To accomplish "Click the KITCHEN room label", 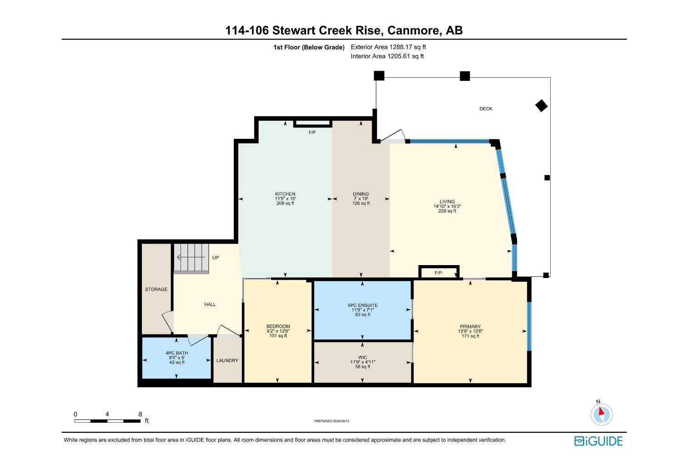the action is [285, 194].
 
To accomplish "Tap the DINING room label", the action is [361, 194].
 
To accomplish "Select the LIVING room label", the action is [447, 202].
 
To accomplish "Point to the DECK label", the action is [485, 108].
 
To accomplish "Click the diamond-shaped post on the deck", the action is [541, 106].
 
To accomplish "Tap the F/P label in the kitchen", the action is [312, 132].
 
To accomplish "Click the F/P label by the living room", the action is [438, 273].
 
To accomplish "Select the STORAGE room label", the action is [156, 289].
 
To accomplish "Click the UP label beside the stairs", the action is [215, 257].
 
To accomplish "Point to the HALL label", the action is [210, 305].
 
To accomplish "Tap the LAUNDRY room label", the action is [227, 360].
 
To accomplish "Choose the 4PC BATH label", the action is [177, 353].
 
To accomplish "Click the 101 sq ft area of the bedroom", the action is [278, 336].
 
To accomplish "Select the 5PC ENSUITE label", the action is [362, 306].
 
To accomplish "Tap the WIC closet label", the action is [362, 357].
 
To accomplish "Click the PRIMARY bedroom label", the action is [470, 327].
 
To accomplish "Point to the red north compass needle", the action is [601, 411].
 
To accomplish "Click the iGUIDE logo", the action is [598, 441].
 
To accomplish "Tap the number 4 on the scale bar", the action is [107, 414].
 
